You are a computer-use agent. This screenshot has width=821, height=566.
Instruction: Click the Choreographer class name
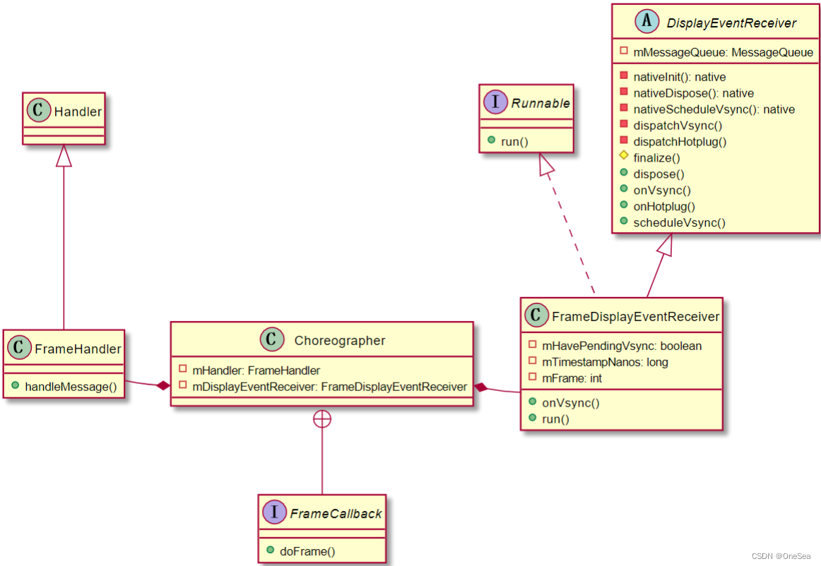click(339, 341)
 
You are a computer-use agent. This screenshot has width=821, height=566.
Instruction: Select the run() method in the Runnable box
click(514, 141)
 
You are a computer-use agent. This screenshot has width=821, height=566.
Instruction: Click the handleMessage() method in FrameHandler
click(71, 387)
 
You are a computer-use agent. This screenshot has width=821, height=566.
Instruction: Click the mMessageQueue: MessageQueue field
click(723, 52)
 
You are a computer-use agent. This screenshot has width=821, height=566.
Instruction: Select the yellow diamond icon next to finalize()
click(623, 157)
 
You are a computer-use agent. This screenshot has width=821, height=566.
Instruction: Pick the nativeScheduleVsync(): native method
click(714, 109)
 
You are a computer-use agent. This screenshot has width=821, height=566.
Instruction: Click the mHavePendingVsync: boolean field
click(621, 346)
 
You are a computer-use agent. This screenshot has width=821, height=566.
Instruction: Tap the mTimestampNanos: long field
click(604, 362)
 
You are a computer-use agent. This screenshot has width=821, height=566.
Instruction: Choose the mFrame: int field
click(572, 378)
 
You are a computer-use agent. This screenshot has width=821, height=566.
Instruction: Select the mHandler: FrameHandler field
click(256, 370)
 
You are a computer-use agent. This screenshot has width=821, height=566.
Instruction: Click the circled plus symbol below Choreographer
click(322, 419)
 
